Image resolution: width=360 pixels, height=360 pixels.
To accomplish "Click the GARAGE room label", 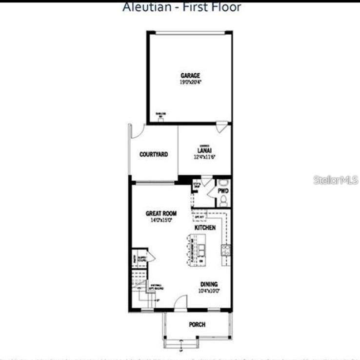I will (x=190, y=76).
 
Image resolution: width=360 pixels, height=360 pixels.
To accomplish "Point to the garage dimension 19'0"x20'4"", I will (x=190, y=83).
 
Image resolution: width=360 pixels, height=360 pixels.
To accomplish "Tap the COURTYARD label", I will (x=154, y=154).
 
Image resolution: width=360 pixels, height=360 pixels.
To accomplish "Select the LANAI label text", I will (x=204, y=150).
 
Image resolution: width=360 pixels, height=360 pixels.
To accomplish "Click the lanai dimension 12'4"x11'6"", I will (x=204, y=157).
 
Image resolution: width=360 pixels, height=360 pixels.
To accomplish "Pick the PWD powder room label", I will (x=223, y=191).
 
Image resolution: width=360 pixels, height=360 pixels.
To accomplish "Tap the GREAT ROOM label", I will (x=161, y=213).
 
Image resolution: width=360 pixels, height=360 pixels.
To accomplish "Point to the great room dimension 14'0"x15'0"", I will (x=161, y=220).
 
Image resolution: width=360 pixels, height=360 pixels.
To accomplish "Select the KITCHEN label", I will (x=205, y=228).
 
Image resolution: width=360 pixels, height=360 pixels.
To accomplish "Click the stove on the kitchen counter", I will (x=226, y=250).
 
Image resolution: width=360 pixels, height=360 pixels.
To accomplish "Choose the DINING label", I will (x=209, y=284).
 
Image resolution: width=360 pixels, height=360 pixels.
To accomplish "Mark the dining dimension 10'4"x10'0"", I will (x=209, y=291).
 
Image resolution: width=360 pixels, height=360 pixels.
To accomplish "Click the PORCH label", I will (x=197, y=324).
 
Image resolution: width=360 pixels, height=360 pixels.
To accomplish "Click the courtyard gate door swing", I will (x=135, y=130).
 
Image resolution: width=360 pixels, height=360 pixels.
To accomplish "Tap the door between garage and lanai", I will (x=222, y=127).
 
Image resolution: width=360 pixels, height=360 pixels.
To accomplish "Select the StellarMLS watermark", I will (x=336, y=180).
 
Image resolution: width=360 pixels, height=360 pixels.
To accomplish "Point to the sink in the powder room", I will (x=223, y=183).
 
